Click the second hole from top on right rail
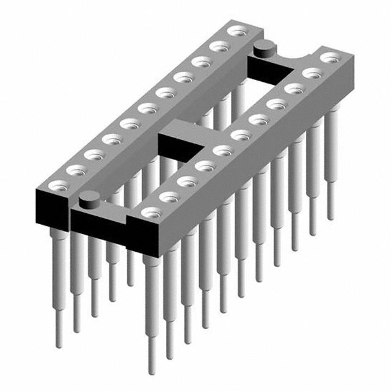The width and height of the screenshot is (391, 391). coord(312,74)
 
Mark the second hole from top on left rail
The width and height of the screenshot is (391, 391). coord(217,46)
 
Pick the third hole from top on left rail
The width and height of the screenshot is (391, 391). coord(199,62)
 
